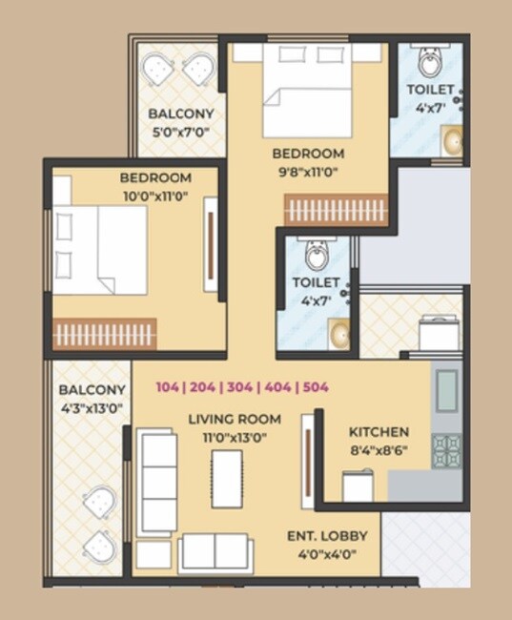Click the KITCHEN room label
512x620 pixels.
pyautogui.click(x=379, y=431)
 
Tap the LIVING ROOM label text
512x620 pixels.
pyautogui.click(x=234, y=419)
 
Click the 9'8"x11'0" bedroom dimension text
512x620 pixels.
pyautogui.click(x=307, y=172)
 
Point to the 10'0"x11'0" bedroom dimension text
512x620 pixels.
pyautogui.click(x=155, y=195)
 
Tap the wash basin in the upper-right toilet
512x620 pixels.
pyautogui.click(x=452, y=142)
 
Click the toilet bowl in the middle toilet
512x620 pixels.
pyautogui.click(x=317, y=253)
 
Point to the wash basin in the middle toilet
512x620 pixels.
pyautogui.click(x=338, y=333)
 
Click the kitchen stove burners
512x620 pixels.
pyautogui.click(x=446, y=449)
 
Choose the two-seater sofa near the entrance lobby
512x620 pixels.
pyautogui.click(x=215, y=551)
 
